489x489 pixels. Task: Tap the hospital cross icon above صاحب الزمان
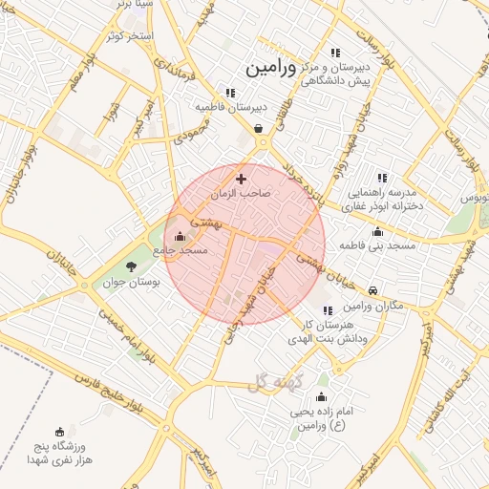tap(241, 178)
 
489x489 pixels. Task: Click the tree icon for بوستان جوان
tap(131, 266)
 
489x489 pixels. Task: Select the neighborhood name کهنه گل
tap(274, 383)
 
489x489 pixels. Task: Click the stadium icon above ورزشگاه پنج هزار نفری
tap(61, 431)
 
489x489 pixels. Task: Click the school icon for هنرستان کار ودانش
tap(328, 310)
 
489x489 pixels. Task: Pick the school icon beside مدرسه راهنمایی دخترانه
tap(382, 177)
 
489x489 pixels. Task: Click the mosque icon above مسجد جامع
tap(180, 235)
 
